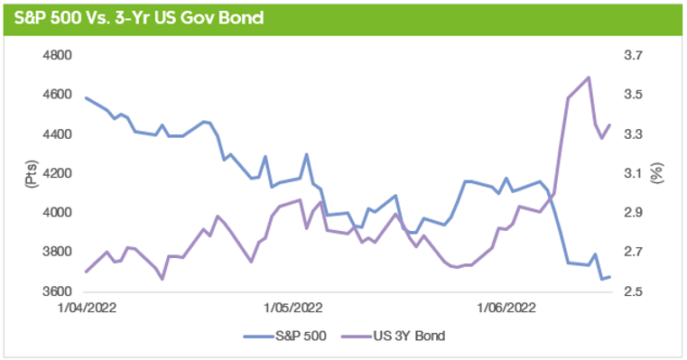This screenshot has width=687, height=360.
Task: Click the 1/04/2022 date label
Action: coord(85,308)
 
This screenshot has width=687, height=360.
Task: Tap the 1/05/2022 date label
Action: coord(293,308)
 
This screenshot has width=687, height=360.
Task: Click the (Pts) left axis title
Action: coord(28,173)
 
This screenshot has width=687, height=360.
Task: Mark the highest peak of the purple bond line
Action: coord(589,78)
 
